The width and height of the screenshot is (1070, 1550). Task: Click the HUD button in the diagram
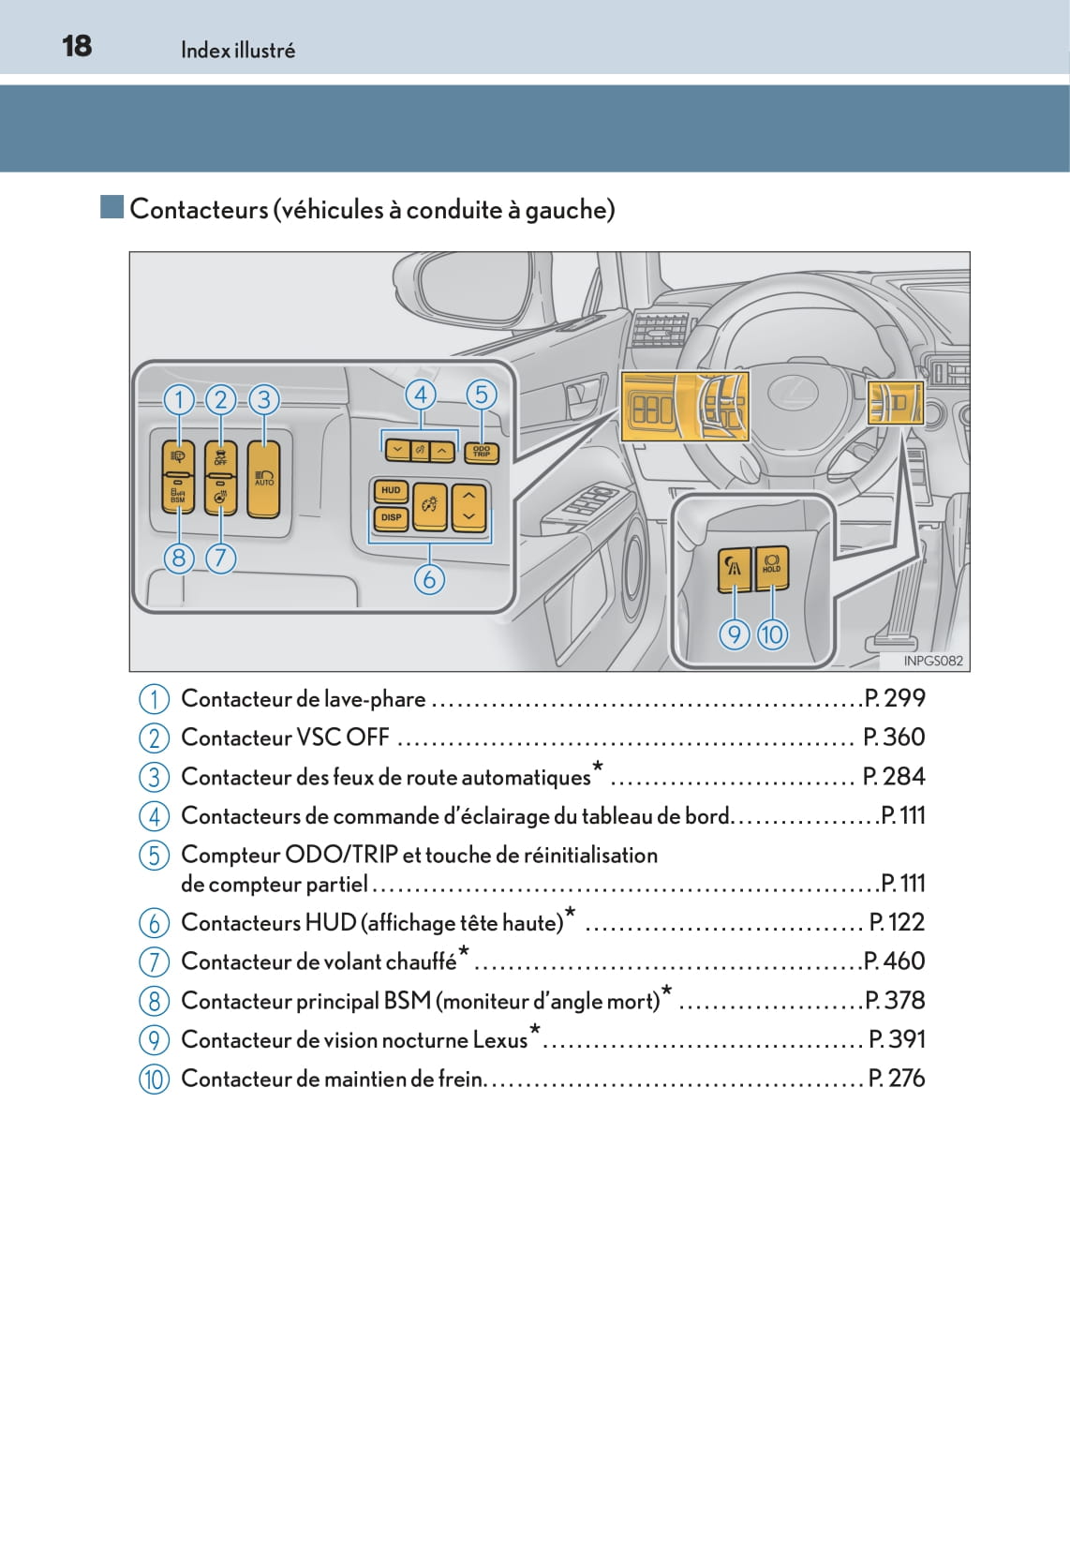click(x=391, y=491)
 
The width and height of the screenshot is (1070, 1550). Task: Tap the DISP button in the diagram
click(x=391, y=517)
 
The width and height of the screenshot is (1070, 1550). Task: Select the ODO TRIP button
click(x=482, y=453)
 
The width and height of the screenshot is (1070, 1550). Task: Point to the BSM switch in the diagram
click(x=178, y=494)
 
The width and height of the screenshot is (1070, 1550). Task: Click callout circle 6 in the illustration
click(x=429, y=579)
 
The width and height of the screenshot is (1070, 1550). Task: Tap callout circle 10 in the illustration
click(x=772, y=634)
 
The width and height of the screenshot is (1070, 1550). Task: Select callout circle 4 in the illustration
click(x=421, y=395)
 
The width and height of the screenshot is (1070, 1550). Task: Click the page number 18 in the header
click(x=77, y=46)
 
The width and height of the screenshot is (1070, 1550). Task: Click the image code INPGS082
click(x=933, y=661)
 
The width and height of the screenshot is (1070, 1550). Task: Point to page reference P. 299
click(x=895, y=698)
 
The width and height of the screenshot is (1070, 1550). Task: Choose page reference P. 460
click(x=895, y=961)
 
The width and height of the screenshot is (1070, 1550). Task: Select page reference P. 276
click(x=897, y=1078)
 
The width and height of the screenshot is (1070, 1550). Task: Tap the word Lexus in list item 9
click(x=500, y=1040)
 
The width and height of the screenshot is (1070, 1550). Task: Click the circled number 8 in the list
click(x=155, y=1001)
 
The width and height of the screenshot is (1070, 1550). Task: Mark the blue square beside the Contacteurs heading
click(x=112, y=207)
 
